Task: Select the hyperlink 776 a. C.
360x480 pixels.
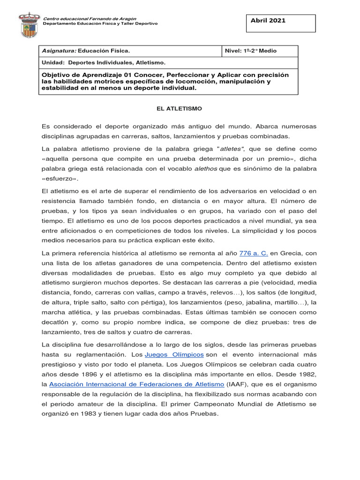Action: (x=254, y=253)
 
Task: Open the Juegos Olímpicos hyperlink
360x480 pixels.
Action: (x=174, y=354)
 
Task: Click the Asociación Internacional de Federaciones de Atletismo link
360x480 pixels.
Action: (x=137, y=384)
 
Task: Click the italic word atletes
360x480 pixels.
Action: (x=232, y=149)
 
